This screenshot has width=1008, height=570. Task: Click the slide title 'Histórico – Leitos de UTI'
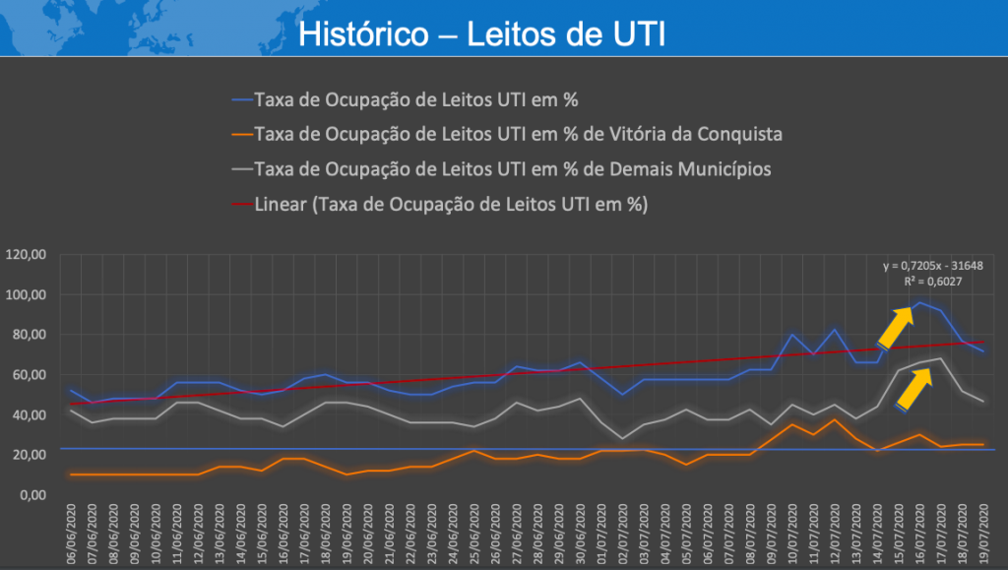tap(481, 34)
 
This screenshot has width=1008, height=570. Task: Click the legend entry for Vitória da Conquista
tap(518, 134)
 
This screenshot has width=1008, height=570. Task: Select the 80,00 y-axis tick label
tap(30, 335)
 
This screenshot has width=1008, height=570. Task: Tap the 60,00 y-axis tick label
tap(30, 375)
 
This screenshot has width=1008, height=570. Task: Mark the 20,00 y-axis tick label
tap(30, 455)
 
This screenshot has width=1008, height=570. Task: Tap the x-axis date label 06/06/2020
tap(72, 536)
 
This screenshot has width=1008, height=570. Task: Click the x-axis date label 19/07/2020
tap(981, 536)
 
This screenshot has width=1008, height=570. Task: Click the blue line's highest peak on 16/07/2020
tap(920, 303)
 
